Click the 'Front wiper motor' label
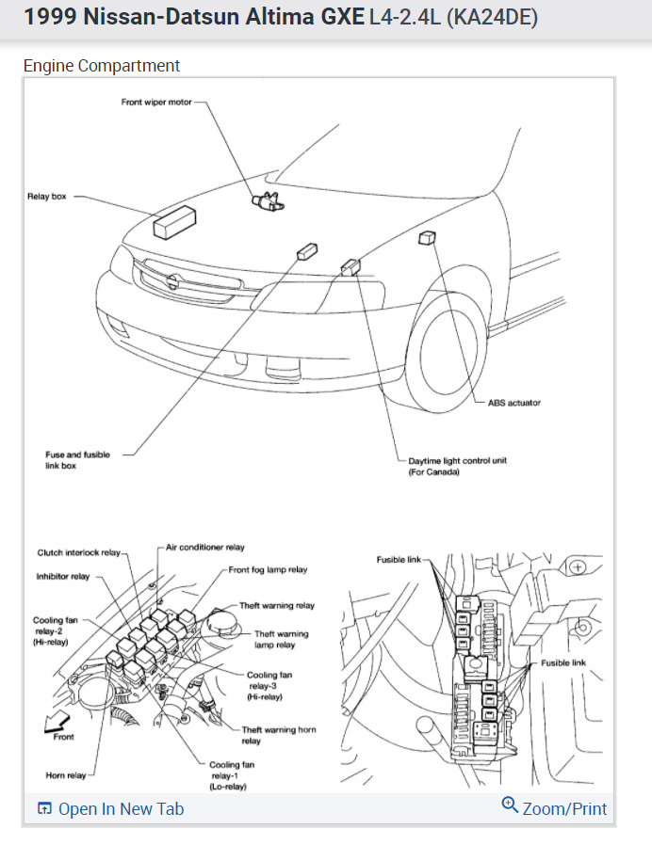point(156,102)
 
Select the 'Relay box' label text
point(46,198)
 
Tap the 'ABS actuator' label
point(513,403)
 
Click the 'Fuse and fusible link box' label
point(77,460)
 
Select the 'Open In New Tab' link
point(110,809)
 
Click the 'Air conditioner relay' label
point(205,547)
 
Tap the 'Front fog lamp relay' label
point(268,569)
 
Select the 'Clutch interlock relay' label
point(78,552)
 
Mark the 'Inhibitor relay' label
point(63,576)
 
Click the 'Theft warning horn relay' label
point(278,735)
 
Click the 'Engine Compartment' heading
point(101,66)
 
